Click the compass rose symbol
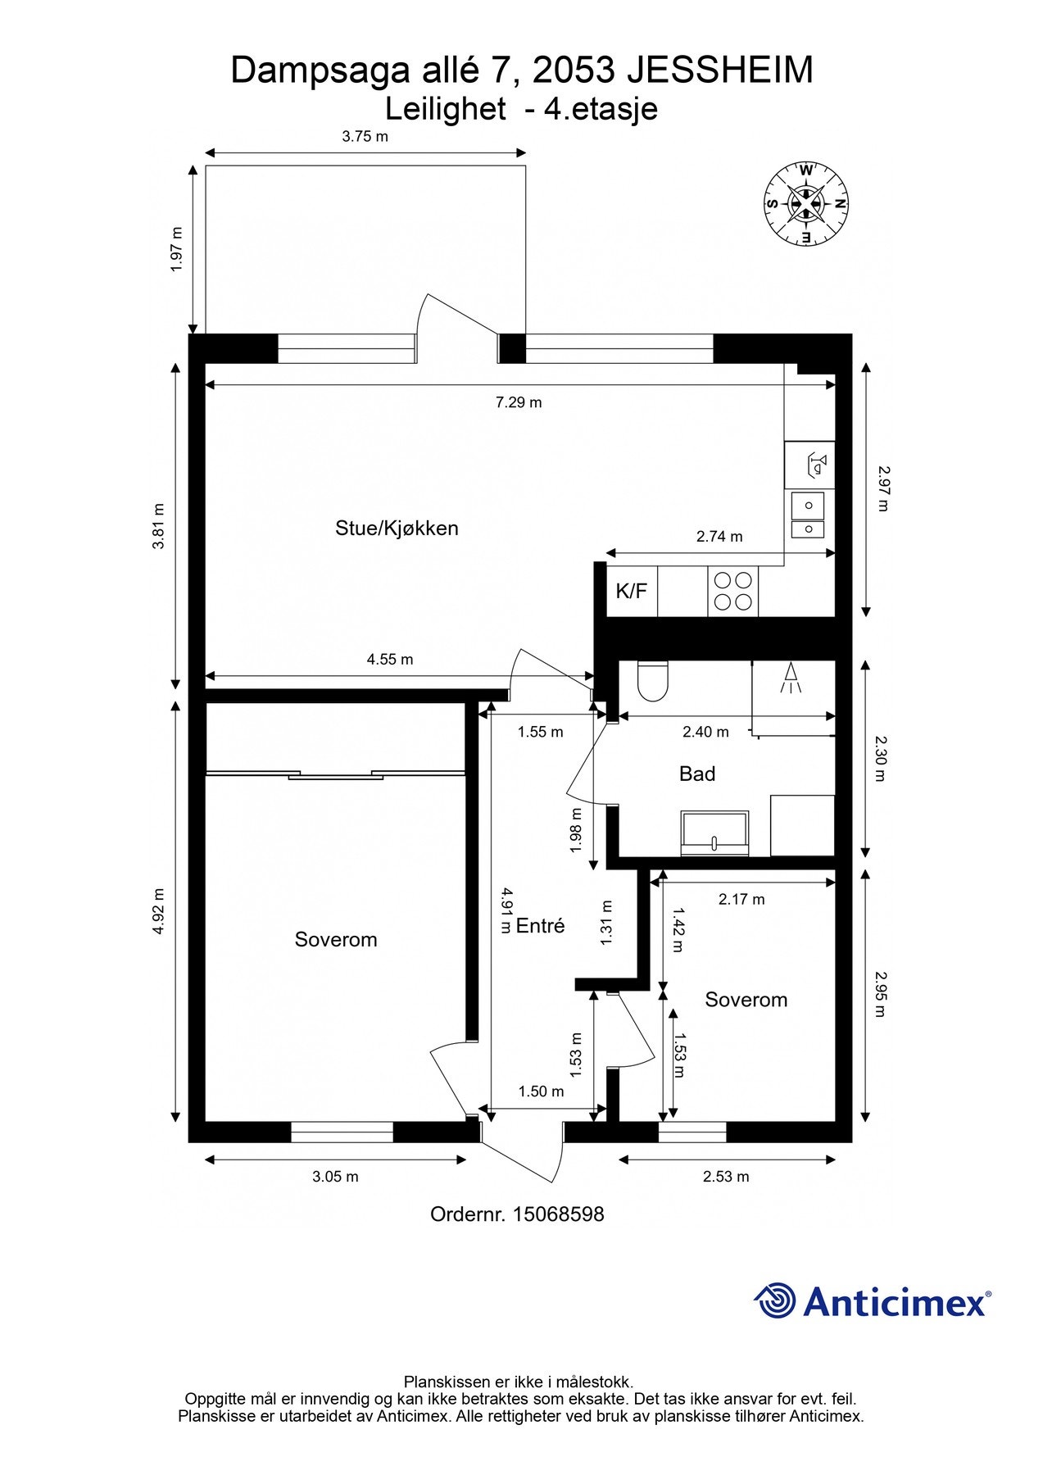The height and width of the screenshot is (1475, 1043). click(805, 202)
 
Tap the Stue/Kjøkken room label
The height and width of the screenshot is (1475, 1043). click(397, 529)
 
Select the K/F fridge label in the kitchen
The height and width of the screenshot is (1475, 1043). click(631, 591)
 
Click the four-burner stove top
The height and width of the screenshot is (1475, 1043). click(732, 591)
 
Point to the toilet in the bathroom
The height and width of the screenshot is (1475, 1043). click(653, 681)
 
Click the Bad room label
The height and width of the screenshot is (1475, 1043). click(697, 774)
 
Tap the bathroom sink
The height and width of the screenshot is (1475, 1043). click(714, 833)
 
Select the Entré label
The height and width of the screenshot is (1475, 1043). click(540, 926)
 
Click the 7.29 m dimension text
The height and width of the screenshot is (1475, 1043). click(519, 402)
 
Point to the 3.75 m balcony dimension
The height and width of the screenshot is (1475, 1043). click(365, 137)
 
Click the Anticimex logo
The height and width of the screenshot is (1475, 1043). click(872, 1301)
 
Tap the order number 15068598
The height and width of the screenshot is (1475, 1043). click(558, 1214)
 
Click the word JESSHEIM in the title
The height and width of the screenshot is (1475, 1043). click(719, 70)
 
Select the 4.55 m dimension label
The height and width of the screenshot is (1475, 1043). click(390, 659)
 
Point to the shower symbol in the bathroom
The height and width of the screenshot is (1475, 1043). click(791, 678)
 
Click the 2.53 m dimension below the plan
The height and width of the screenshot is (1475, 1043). click(726, 1177)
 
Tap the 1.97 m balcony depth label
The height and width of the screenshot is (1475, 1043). click(175, 249)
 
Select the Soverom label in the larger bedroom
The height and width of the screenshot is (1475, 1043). click(336, 940)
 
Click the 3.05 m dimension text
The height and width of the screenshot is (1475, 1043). click(335, 1177)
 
